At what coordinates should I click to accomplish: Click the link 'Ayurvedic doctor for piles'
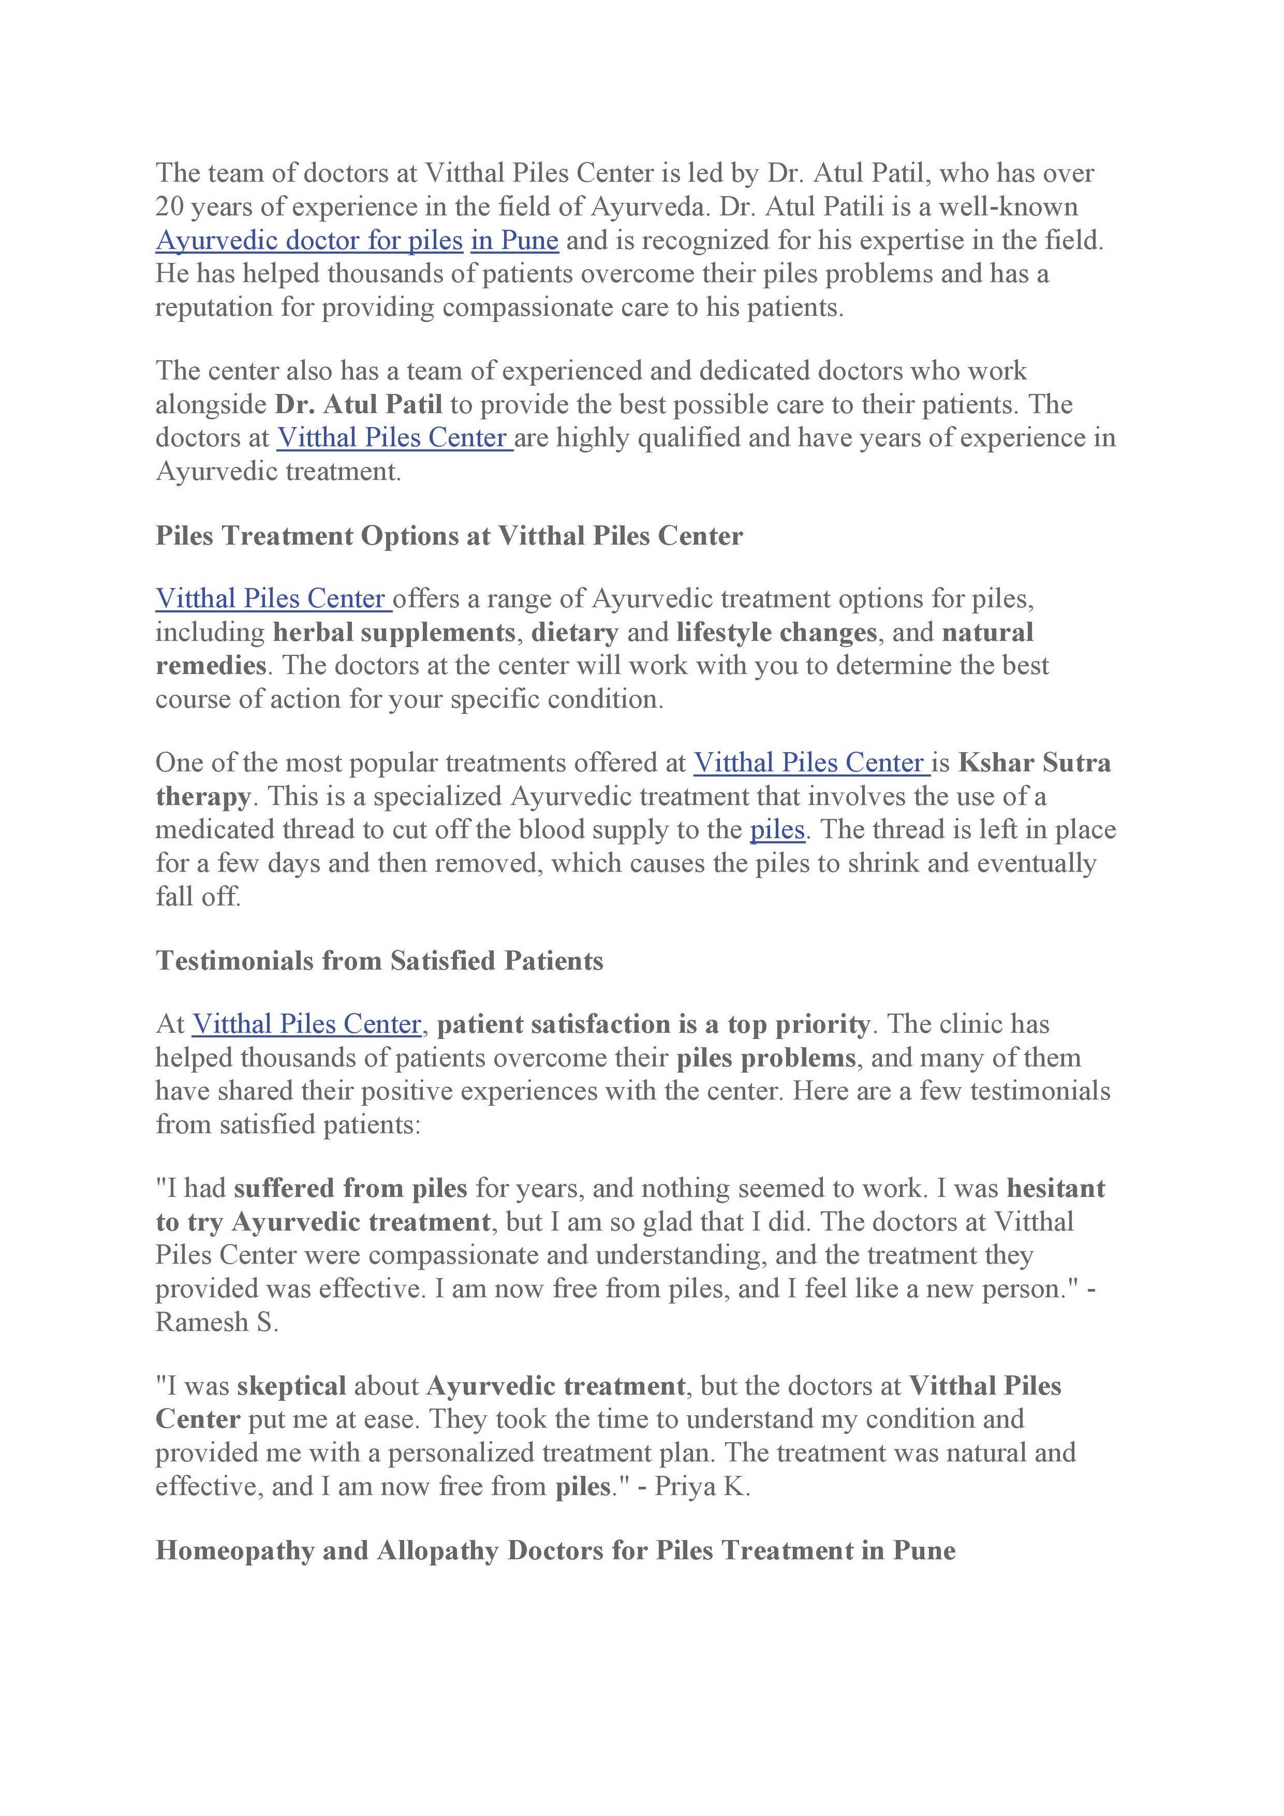[x=309, y=241]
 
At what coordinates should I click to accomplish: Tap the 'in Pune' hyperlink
[x=515, y=241]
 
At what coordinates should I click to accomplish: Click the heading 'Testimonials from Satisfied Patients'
[x=379, y=961]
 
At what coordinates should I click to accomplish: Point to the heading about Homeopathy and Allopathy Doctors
[x=555, y=1550]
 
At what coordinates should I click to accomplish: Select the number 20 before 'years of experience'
[x=169, y=207]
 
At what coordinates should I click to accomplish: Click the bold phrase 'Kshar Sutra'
[x=1034, y=763]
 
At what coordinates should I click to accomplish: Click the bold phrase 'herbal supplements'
[x=394, y=633]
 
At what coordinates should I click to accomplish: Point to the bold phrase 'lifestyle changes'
[x=776, y=633]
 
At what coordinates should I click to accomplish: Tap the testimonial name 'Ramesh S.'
[x=217, y=1321]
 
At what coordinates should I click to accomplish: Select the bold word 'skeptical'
[x=291, y=1386]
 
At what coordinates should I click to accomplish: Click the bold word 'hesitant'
[x=1057, y=1189]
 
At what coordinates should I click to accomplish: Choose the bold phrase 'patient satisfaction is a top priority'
[x=653, y=1025]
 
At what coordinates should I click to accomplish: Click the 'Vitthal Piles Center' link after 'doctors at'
[x=393, y=438]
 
